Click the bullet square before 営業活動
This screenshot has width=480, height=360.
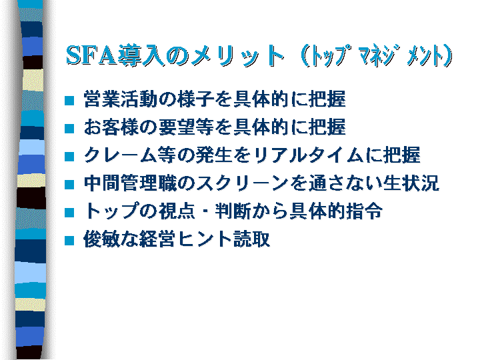(x=69, y=101)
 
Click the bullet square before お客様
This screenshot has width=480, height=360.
(x=69, y=129)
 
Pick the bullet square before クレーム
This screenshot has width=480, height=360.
(x=69, y=157)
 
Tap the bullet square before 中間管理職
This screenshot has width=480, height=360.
(x=69, y=184)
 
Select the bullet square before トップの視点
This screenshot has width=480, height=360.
(x=69, y=213)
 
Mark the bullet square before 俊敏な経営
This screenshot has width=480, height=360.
(x=69, y=240)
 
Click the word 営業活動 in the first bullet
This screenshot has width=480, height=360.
(x=120, y=99)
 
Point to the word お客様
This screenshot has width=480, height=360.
(x=111, y=127)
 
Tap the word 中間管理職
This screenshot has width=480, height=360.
(x=130, y=183)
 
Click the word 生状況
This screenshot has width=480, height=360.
(x=411, y=183)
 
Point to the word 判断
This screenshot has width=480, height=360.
(x=233, y=211)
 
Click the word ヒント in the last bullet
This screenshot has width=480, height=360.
(x=204, y=239)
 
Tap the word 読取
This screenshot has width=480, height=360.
(x=251, y=239)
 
